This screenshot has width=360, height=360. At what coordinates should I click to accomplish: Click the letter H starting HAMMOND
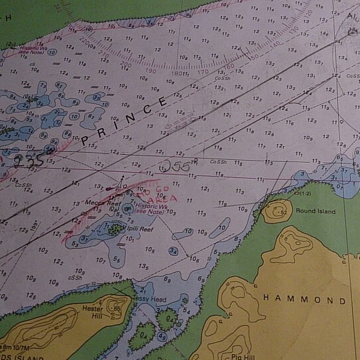267,297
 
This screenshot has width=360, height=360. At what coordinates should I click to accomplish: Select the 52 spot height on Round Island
283,213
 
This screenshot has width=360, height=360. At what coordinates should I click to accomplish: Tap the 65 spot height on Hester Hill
117,309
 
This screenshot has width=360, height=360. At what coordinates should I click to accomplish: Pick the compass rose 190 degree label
151,70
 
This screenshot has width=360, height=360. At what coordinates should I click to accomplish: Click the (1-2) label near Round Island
305,194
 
